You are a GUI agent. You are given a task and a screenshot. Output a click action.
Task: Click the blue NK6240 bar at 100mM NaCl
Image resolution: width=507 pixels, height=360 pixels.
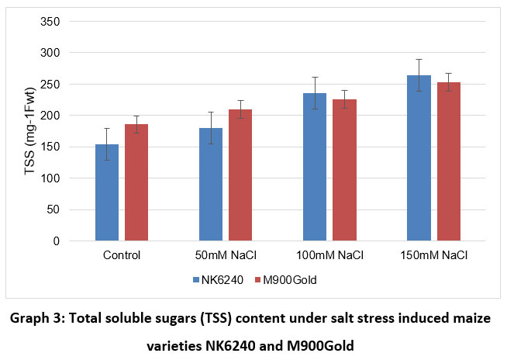click(315, 167)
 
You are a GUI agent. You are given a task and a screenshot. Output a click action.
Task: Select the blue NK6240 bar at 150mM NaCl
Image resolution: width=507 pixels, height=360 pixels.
click(419, 158)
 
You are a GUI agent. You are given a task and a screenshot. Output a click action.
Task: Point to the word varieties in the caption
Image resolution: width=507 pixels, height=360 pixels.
click(176, 344)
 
